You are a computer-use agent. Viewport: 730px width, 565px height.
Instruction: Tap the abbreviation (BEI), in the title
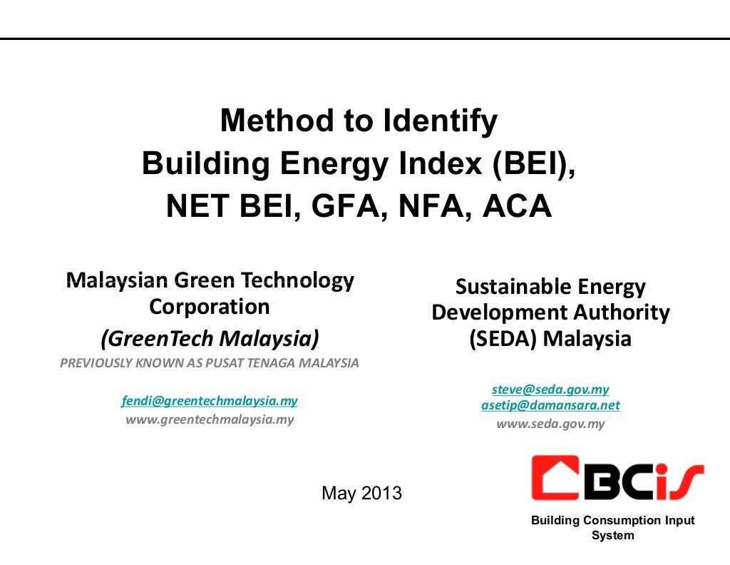[x=533, y=164]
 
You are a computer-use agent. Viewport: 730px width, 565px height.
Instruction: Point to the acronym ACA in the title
[x=518, y=207]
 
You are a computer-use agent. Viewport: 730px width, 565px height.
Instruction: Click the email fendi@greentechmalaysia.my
[x=210, y=401]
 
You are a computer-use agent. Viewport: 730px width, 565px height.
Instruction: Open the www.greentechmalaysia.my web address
[x=210, y=419]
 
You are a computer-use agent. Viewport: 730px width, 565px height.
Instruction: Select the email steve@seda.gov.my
[x=550, y=390]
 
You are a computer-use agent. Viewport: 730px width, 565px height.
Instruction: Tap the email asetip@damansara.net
[x=550, y=405]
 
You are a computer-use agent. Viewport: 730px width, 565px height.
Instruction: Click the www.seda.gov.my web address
[x=550, y=424]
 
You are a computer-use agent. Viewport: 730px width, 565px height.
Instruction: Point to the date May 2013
[x=362, y=493]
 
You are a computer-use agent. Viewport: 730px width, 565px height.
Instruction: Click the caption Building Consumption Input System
[x=612, y=528]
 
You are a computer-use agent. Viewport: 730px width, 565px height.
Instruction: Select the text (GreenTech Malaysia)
[x=210, y=336]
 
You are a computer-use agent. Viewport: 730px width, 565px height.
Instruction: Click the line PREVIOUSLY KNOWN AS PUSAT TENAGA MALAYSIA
[x=210, y=363]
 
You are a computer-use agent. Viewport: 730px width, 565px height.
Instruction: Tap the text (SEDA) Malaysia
[x=550, y=338]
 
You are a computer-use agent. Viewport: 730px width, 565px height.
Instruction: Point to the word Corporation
[x=210, y=307]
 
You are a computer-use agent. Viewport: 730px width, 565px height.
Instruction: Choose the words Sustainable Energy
[x=550, y=287]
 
